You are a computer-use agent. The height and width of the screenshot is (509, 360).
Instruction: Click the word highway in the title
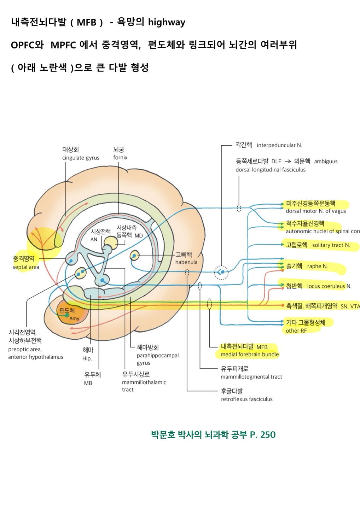pyautogui.click(x=167, y=22)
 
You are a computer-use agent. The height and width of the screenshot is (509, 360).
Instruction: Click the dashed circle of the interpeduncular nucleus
pyautogui.click(x=221, y=272)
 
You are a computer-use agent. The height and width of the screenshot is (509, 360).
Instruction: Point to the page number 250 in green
pyautogui.click(x=268, y=434)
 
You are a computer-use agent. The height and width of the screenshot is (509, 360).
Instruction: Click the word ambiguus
pyautogui.click(x=326, y=162)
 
